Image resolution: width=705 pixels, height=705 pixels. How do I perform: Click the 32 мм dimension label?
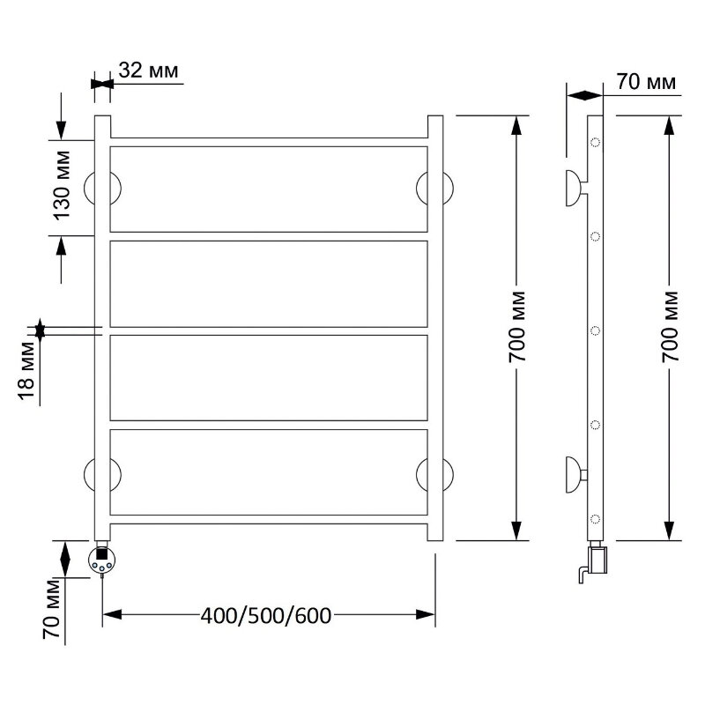(x=148, y=71)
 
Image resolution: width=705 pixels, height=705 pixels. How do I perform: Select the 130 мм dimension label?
(x=63, y=185)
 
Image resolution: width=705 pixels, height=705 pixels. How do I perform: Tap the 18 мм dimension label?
(x=26, y=371)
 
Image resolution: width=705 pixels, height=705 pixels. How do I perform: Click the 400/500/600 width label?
(x=266, y=615)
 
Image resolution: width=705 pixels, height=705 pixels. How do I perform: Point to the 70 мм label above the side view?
(x=646, y=82)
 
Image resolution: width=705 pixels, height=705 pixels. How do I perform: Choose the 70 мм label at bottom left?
(x=51, y=609)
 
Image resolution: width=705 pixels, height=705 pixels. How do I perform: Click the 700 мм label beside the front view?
(x=517, y=327)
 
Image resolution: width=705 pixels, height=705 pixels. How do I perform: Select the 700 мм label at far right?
(x=670, y=327)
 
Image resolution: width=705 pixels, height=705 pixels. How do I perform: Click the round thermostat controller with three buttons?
(x=102, y=560)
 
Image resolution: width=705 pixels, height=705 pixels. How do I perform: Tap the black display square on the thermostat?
(x=102, y=553)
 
